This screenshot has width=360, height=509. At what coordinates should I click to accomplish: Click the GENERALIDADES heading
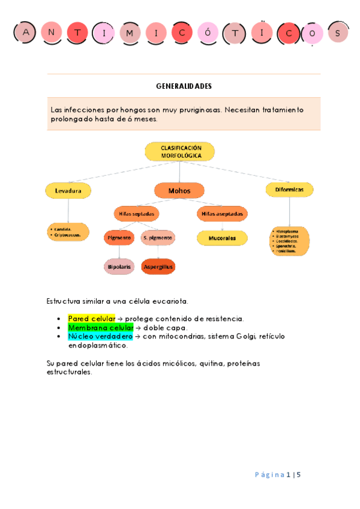coord(184,86)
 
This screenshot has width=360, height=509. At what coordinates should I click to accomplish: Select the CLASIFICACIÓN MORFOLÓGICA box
coord(180,151)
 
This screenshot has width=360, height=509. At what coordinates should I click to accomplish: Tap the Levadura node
coord(68,190)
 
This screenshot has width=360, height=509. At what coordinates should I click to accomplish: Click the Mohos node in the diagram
coord(179,191)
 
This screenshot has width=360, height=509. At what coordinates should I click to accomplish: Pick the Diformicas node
coord(289,190)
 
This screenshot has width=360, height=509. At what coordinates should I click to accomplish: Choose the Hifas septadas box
coord(136,214)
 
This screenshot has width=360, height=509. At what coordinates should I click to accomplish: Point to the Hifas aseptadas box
coord(222,214)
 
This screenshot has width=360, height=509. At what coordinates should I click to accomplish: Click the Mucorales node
coord(222,238)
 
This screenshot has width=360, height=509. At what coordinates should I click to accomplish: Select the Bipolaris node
coord(119,267)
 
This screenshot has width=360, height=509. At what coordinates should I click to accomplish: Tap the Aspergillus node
coord(158,267)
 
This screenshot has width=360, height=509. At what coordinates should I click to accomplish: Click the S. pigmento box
coord(158,238)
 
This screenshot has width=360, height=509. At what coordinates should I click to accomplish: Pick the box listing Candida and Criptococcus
coord(68,232)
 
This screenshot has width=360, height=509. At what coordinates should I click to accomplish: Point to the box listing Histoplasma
coord(289,241)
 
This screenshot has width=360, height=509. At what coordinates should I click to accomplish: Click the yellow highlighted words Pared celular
coord(91,319)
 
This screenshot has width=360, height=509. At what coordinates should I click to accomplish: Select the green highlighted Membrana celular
coord(100,328)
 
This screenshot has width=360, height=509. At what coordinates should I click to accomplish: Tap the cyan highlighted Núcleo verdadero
coord(100,337)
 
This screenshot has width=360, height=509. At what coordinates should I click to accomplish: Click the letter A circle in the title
coord(25,32)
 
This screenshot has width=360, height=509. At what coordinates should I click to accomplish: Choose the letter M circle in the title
coord(130,33)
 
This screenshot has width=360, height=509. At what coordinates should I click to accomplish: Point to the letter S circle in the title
coord(338,33)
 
